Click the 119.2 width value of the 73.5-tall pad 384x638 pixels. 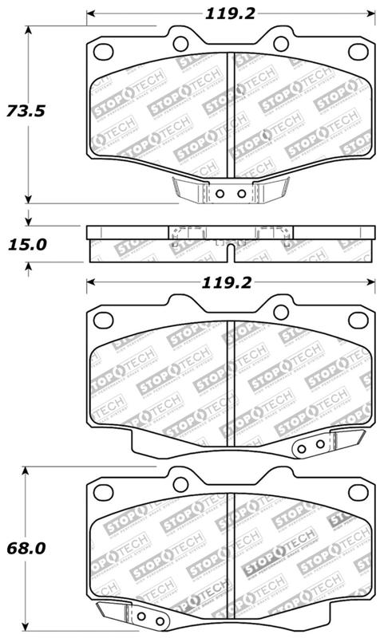(230, 14)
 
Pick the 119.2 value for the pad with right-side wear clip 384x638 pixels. (230, 282)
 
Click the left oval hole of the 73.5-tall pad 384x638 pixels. (103, 52)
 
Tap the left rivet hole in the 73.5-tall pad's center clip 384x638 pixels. (221, 194)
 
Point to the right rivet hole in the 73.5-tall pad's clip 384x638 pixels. (239, 194)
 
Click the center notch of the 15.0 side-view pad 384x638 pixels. (230, 253)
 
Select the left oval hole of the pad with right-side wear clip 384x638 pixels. (103, 320)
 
